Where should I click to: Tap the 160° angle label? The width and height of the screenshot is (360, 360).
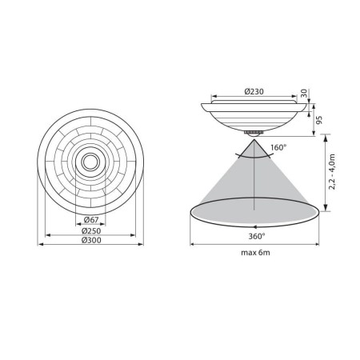279,148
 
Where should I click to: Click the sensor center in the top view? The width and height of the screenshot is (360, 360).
88,162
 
